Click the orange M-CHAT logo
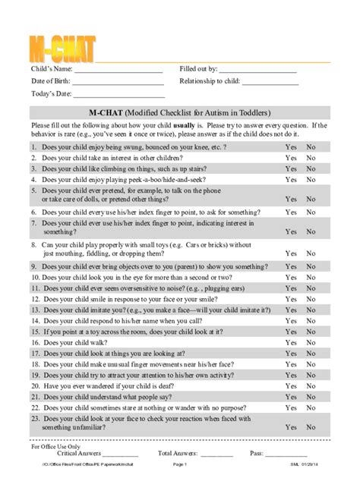tap(63, 48)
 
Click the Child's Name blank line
tap(118, 71)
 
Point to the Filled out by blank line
tap(257, 71)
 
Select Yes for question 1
tap(291, 147)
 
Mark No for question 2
tap(311, 158)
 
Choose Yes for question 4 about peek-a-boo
tap(291, 180)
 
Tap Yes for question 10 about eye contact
tap(291, 278)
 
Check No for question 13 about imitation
tap(311, 310)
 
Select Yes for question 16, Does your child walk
tap(291, 342)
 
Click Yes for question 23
tap(291, 428)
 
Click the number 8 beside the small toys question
tap(34, 245)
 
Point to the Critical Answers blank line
tap(117, 455)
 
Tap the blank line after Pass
tap(285, 455)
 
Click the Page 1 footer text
tap(180, 464)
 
